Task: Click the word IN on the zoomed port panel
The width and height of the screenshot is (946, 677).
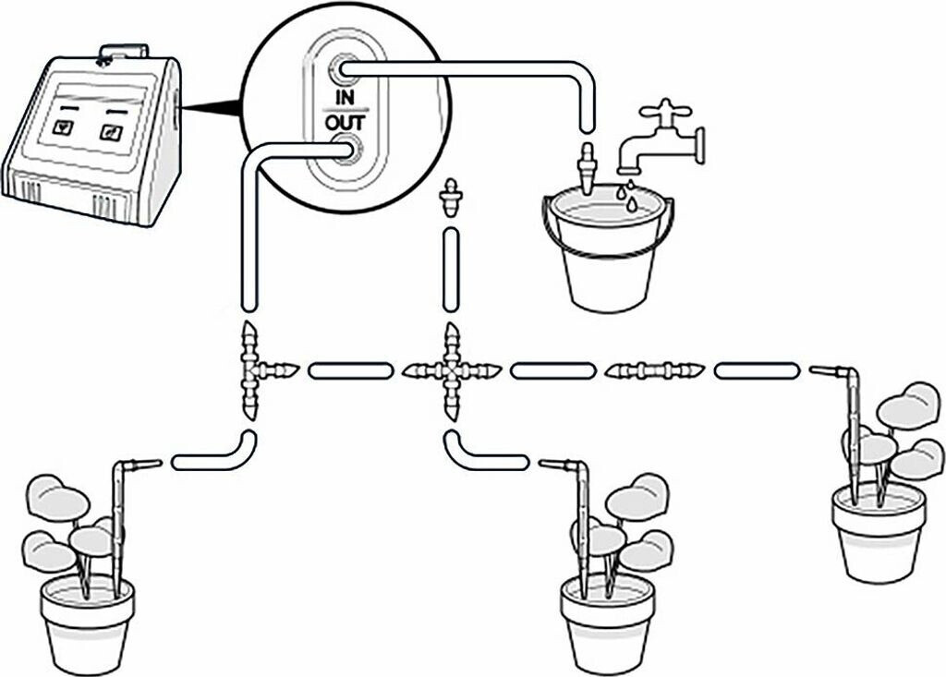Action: point(346,97)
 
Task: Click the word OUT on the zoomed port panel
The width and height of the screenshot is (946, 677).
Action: point(346,122)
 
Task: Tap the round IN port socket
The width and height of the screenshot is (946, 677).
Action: point(346,67)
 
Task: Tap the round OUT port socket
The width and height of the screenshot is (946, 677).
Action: point(347,148)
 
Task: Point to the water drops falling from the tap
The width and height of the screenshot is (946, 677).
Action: point(630,196)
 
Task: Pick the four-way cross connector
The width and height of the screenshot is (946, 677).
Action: point(451,371)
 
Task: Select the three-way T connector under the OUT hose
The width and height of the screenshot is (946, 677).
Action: point(251,371)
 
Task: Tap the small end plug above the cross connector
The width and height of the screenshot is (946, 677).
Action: point(451,198)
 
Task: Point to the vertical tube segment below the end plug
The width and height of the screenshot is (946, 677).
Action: point(451,272)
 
